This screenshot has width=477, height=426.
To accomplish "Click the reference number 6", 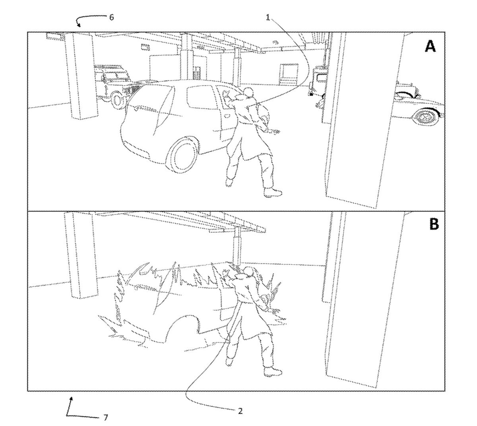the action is (111, 17).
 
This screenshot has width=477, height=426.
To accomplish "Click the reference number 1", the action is (268, 18).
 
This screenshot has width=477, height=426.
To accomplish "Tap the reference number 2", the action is (240, 411).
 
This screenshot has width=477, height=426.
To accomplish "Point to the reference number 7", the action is (106, 418).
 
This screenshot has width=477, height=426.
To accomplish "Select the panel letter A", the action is (430, 46).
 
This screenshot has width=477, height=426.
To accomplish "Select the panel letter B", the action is (434, 224).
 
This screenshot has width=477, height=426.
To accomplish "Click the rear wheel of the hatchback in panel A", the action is (183, 155).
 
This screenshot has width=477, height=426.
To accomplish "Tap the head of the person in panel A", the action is (249, 92).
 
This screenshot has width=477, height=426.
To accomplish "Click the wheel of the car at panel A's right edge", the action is (426, 117).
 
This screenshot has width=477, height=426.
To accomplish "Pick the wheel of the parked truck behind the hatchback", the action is (117, 100).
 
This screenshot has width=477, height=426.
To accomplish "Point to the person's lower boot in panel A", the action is (273, 192).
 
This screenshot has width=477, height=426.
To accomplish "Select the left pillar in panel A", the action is (81, 76).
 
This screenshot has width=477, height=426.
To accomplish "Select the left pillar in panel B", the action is (81, 255).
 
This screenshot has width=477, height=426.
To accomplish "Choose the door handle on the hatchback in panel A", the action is (227, 116).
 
